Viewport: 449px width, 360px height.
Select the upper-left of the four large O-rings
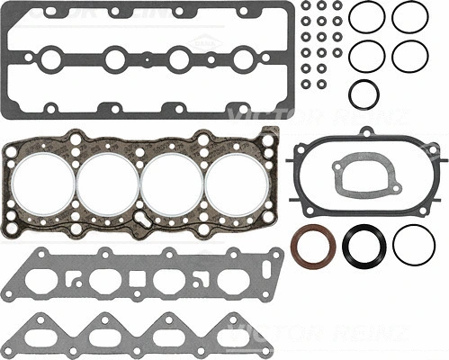pyautogui.click(x=367, y=18)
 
